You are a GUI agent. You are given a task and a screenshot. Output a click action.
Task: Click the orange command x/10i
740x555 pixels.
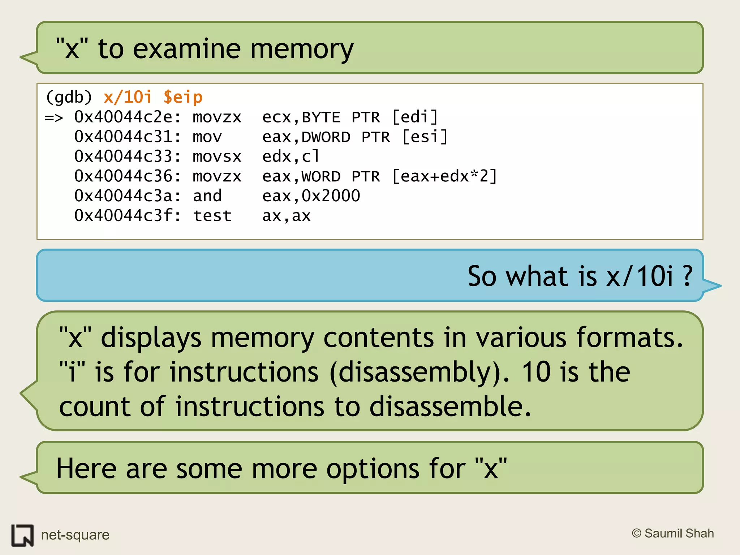127,98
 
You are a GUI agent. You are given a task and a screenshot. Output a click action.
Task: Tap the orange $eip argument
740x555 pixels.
183,98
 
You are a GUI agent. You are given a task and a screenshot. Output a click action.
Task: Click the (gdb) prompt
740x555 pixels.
69,98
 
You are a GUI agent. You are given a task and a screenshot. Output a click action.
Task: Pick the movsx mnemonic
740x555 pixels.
217,157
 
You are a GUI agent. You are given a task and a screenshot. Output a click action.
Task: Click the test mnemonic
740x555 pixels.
212,216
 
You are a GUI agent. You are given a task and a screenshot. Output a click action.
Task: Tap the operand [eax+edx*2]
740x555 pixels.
444,177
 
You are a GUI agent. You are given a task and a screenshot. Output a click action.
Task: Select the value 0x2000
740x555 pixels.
331,196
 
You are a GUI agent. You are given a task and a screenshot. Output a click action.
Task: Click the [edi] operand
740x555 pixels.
415,117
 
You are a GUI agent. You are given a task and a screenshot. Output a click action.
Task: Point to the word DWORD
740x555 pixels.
326,137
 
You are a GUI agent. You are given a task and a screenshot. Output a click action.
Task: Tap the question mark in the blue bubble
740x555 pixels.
687,276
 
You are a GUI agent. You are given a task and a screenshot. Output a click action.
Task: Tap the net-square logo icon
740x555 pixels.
22,535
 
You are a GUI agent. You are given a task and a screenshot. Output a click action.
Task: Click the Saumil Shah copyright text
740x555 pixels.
673,533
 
